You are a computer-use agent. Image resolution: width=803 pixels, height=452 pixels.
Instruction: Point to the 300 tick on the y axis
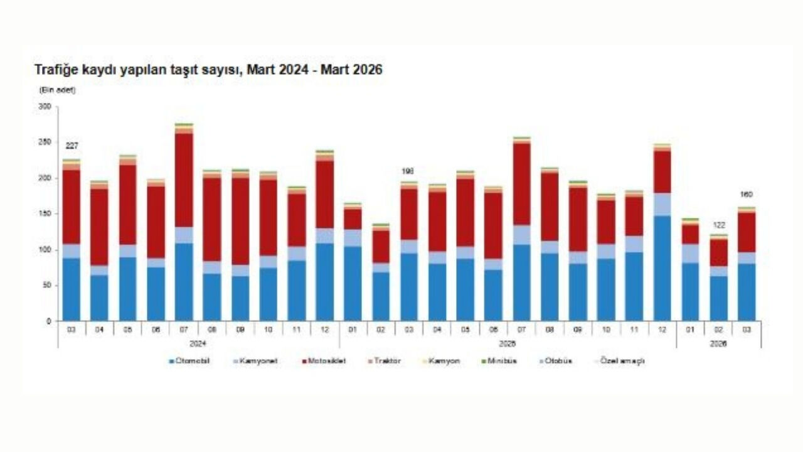click(45, 107)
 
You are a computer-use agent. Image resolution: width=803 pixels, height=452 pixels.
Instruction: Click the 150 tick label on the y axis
click(45, 214)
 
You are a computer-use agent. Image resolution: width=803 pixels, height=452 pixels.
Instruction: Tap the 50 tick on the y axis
click(46, 286)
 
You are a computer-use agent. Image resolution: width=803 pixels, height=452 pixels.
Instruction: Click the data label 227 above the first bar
click(72, 146)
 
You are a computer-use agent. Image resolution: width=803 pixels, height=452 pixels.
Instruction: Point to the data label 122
click(719, 225)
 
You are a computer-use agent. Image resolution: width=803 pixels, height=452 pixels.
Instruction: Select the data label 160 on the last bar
click(747, 195)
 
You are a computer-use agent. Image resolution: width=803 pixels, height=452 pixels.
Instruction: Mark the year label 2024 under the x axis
click(198, 344)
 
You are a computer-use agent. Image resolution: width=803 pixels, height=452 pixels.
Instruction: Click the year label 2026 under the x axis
click(719, 344)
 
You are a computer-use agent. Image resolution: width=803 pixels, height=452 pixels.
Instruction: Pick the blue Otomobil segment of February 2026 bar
click(719, 298)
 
